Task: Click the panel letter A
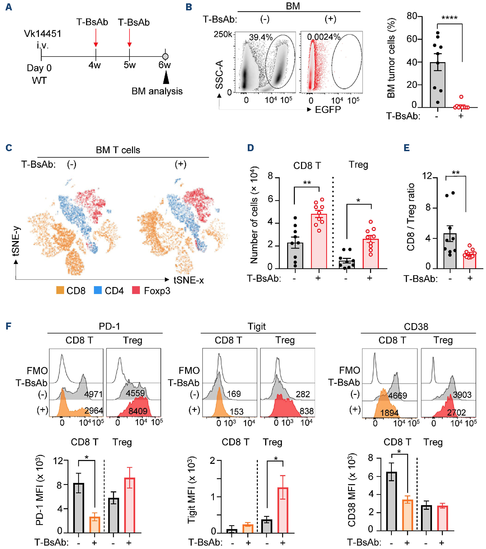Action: coord(9,7)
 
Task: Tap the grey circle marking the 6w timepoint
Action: coord(165,57)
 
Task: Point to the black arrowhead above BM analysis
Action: coord(166,77)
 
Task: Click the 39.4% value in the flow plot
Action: coord(261,37)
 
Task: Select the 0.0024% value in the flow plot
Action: coord(323,37)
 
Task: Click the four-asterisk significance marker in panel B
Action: coord(449,18)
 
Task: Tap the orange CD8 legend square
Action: coord(60,290)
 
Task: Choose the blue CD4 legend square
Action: coord(98,290)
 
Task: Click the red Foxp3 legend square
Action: coord(136,290)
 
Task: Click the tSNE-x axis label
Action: coord(189,280)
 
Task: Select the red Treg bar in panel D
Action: coord(371,254)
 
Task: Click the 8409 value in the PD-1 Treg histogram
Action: coord(138,411)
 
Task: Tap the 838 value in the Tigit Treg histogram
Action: coord(306,411)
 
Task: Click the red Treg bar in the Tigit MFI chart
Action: coord(283,510)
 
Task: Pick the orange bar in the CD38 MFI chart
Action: coord(408,515)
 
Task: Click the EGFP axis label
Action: coord(328,110)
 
